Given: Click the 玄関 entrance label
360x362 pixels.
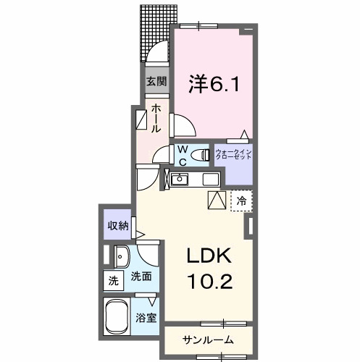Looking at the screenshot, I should pos(155,81).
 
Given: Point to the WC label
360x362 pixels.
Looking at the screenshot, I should pos(183,154).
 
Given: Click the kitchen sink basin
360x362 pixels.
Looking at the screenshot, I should pos(180,180).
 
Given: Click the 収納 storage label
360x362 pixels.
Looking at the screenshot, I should pos(118,226).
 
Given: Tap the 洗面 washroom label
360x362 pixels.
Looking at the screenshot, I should pos(141,276).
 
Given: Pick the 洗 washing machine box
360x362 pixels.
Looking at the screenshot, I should pos(113,280).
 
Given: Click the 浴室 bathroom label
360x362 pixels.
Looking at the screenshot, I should pos(146,318).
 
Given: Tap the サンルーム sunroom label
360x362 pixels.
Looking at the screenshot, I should pos(207,340).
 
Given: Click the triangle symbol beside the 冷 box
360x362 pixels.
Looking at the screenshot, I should pos(217,201).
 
